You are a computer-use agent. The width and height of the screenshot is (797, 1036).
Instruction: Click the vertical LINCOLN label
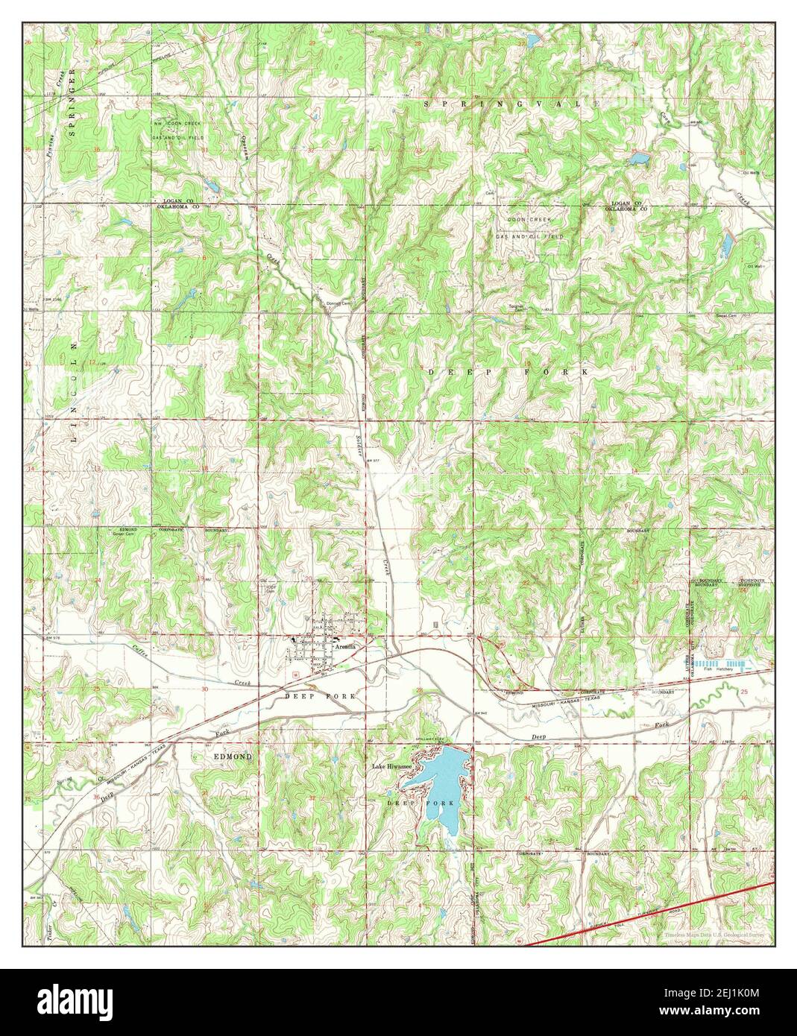(73, 393)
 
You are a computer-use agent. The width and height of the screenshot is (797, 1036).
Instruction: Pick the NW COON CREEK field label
(179, 124)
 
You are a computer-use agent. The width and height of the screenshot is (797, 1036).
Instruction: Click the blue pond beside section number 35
(637, 158)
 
